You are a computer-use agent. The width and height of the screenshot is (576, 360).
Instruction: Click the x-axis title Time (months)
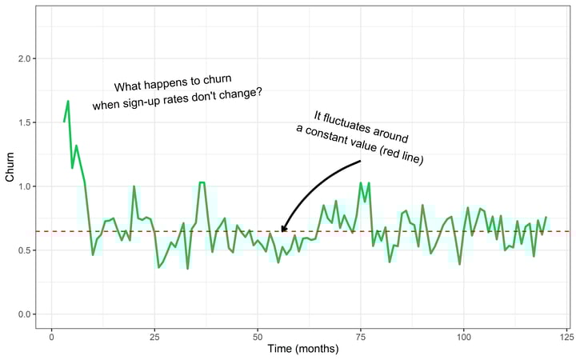(x=305, y=349)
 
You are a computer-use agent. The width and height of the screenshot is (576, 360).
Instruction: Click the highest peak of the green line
(x=68, y=102)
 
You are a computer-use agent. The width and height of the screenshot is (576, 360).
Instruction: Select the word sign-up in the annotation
(x=162, y=100)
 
